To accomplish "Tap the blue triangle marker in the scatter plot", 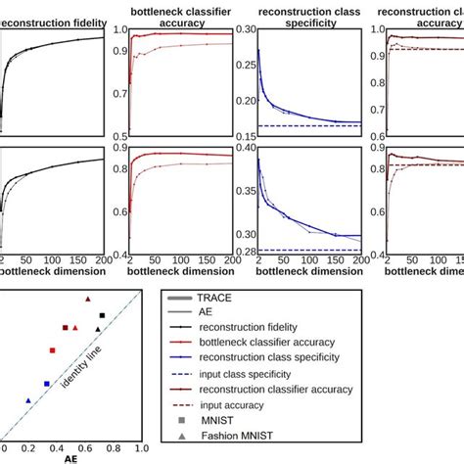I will (x=28, y=400).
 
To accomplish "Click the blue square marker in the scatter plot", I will (x=47, y=384).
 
